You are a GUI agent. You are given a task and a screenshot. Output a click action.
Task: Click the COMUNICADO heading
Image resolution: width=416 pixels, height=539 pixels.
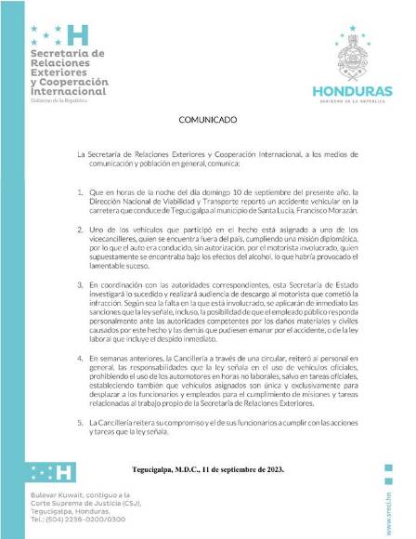(208, 121)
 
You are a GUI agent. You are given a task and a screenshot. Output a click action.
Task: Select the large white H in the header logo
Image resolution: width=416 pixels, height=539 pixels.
(80, 35)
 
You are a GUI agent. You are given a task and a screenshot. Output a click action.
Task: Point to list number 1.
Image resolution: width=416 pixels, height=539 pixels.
(81, 192)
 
